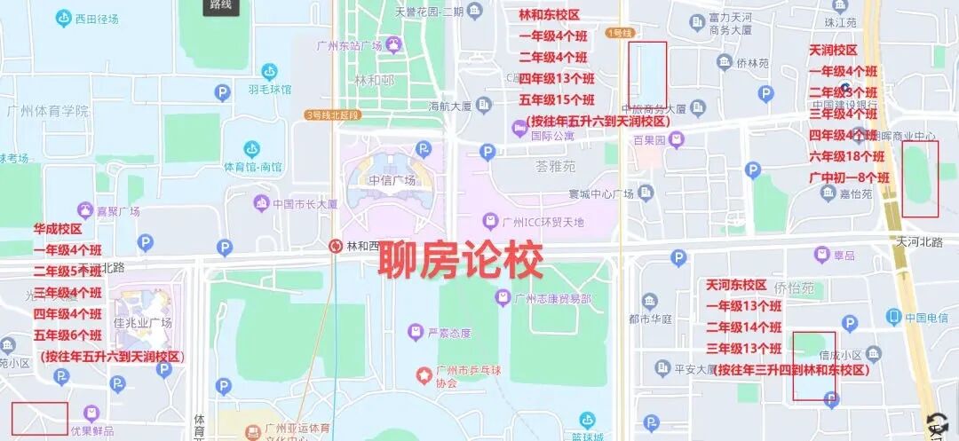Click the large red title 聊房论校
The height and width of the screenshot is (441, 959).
[461, 262]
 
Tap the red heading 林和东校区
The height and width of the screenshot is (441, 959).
[549, 16]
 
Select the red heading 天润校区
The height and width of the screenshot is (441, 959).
[833, 51]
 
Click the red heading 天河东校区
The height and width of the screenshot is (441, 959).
[736, 285]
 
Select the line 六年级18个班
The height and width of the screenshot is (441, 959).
[849, 156]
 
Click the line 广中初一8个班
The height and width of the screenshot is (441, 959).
[849, 177]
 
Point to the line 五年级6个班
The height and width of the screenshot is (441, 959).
[68, 335]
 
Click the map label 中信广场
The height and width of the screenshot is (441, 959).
[391, 181]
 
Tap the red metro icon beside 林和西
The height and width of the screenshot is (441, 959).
[336, 246]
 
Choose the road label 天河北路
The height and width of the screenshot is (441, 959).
[919, 242]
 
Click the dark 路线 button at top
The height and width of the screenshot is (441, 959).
[220, 6]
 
